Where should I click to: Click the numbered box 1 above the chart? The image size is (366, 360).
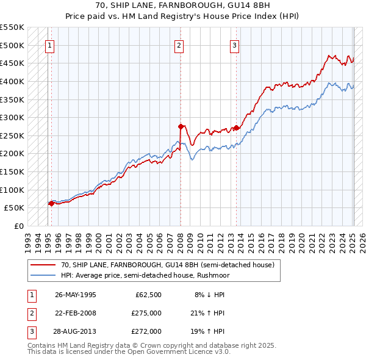[x=49, y=45]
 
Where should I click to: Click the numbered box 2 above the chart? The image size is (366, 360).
[x=179, y=45]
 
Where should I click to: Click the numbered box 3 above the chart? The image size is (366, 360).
[x=235, y=45]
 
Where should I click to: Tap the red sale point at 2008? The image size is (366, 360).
[x=181, y=126]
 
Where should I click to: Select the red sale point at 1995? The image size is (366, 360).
[x=51, y=203]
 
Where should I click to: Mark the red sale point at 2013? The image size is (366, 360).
[x=236, y=128]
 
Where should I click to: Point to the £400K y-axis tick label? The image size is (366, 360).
[x=12, y=81]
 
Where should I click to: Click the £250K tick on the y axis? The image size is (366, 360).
[x=12, y=135]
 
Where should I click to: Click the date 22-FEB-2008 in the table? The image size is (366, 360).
[x=76, y=313]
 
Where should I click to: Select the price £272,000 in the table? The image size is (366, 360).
[x=146, y=331]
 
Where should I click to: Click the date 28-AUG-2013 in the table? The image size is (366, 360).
[x=76, y=331]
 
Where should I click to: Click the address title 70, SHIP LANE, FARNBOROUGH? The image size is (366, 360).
[x=183, y=5]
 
